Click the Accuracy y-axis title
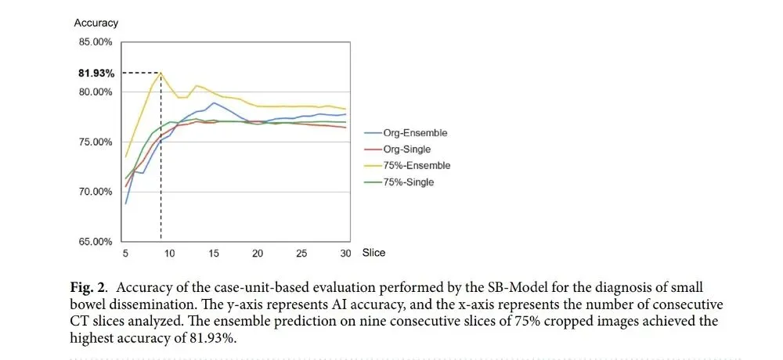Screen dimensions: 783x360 (96, 23)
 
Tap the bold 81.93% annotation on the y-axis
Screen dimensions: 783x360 (96, 74)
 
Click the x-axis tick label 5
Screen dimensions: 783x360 (125, 253)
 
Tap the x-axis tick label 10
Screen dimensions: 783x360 (169, 253)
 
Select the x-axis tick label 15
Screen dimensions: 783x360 (213, 253)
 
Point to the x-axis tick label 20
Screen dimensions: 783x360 (257, 253)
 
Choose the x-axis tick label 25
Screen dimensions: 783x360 (301, 253)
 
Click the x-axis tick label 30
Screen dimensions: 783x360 (345, 253)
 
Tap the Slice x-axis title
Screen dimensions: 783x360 (374, 253)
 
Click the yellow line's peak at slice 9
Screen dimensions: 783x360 (161, 73)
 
